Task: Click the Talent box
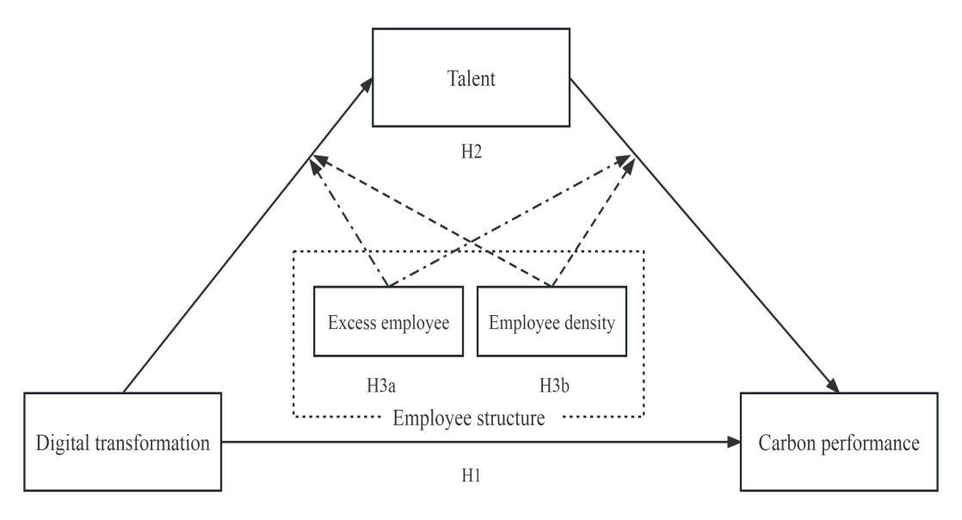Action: click(x=471, y=77)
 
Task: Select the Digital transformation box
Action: click(x=124, y=443)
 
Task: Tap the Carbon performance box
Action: click(x=838, y=443)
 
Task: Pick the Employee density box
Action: click(x=552, y=322)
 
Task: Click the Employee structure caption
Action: click(x=469, y=419)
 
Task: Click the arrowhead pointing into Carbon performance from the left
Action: click(x=735, y=443)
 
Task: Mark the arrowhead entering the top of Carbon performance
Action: click(x=833, y=387)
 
